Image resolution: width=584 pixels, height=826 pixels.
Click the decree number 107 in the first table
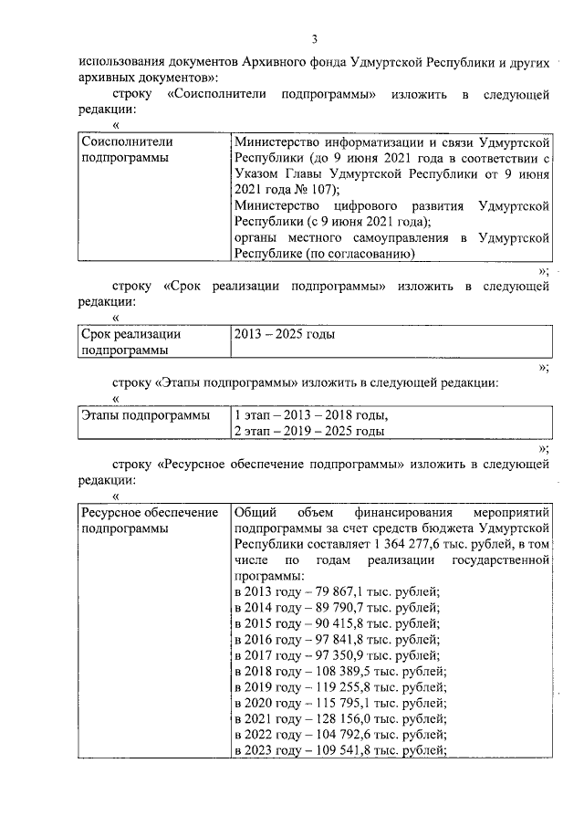(x=319, y=190)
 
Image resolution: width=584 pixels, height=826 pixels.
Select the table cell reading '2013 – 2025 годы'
(x=285, y=334)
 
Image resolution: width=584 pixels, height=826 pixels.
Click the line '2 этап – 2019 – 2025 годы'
(x=308, y=431)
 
